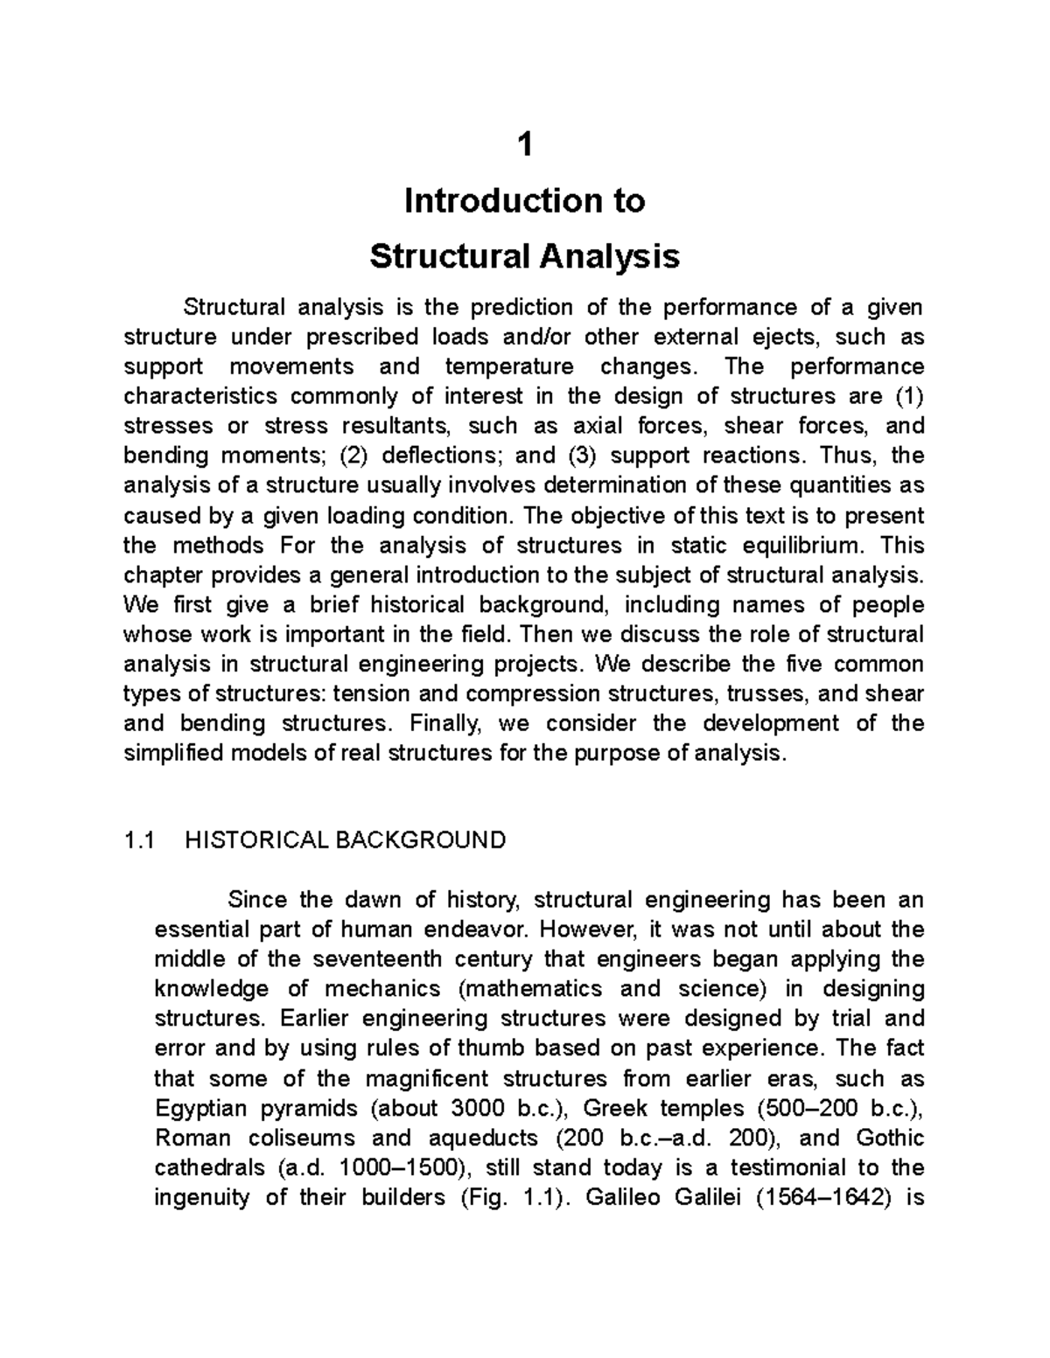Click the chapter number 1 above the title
524,145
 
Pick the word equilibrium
793,546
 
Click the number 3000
477,1109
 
